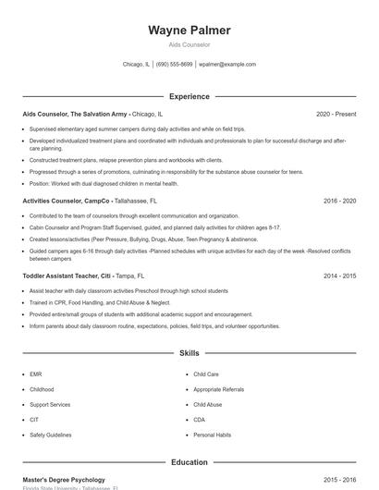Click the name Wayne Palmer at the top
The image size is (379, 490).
click(189, 31)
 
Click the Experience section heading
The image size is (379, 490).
click(189, 96)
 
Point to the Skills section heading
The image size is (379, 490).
click(189, 353)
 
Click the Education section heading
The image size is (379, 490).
click(189, 461)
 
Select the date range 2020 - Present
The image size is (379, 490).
click(336, 114)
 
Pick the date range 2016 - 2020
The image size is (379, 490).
click(339, 200)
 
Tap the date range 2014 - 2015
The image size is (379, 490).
click(339, 276)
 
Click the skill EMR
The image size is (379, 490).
click(36, 374)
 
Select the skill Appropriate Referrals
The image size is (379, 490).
click(218, 389)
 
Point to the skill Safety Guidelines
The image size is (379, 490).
click(51, 435)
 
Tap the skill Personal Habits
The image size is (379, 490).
click(212, 435)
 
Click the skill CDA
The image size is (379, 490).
click(199, 420)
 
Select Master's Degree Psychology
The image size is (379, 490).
click(64, 480)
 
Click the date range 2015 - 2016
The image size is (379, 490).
click(339, 480)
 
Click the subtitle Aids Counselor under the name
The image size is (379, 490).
click(189, 44)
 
